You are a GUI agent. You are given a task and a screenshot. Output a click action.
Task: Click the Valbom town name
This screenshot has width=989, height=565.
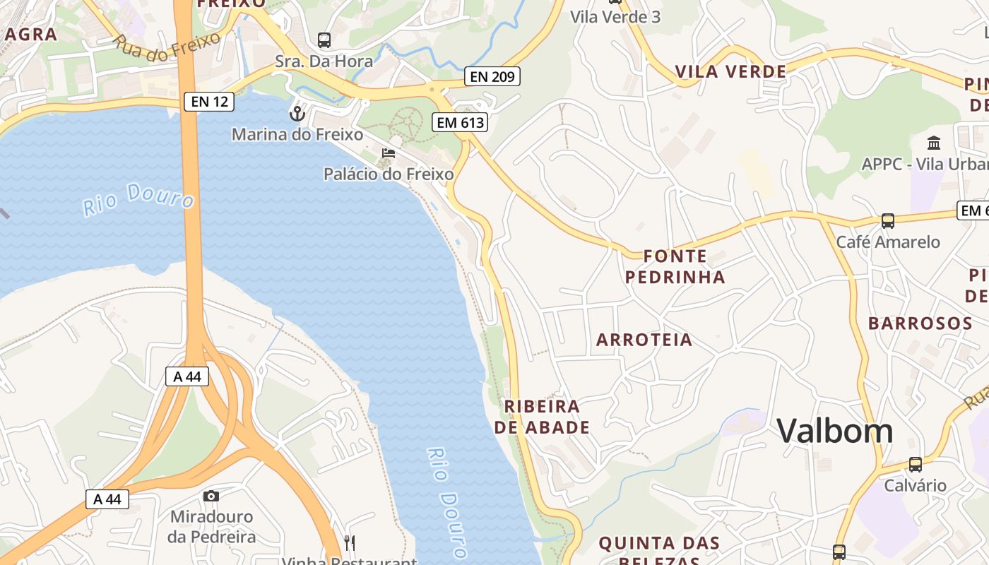[x=835, y=430]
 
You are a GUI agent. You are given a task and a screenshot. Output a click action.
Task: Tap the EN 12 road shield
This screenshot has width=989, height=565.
[x=209, y=102]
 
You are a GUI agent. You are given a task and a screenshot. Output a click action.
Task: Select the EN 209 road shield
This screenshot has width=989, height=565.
[x=492, y=76]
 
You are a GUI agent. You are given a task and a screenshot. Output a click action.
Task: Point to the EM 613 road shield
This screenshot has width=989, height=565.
[x=460, y=122]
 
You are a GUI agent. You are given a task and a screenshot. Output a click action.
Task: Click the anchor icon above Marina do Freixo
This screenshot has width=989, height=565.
[x=297, y=113]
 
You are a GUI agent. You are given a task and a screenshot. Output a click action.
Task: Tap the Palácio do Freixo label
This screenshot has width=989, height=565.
[x=389, y=174]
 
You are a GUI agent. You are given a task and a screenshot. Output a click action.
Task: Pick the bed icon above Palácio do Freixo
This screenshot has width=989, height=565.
[x=388, y=153]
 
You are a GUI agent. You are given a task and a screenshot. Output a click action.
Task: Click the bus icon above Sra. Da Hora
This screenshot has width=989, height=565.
[x=324, y=40]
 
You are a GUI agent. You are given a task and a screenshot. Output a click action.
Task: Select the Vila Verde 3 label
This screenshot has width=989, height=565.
[x=615, y=17]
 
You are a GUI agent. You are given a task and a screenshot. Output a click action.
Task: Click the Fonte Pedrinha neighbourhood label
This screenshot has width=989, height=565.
[x=675, y=266]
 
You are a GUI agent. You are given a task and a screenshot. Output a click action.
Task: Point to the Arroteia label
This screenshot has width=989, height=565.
[x=644, y=340]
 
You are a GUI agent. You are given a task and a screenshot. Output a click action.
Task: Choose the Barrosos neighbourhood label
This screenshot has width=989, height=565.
[x=920, y=323]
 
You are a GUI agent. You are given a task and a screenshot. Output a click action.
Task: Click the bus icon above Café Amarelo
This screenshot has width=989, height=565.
[x=888, y=221]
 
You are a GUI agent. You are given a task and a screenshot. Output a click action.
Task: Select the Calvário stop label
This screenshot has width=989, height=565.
[x=916, y=486]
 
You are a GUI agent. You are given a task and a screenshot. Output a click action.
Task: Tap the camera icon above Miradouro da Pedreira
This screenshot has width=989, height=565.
[x=211, y=496]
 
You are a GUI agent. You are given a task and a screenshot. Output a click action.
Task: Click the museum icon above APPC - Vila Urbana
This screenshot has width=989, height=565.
[x=934, y=143]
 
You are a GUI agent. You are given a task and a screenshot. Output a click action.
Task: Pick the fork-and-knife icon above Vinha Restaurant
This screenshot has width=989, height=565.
[x=350, y=542]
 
